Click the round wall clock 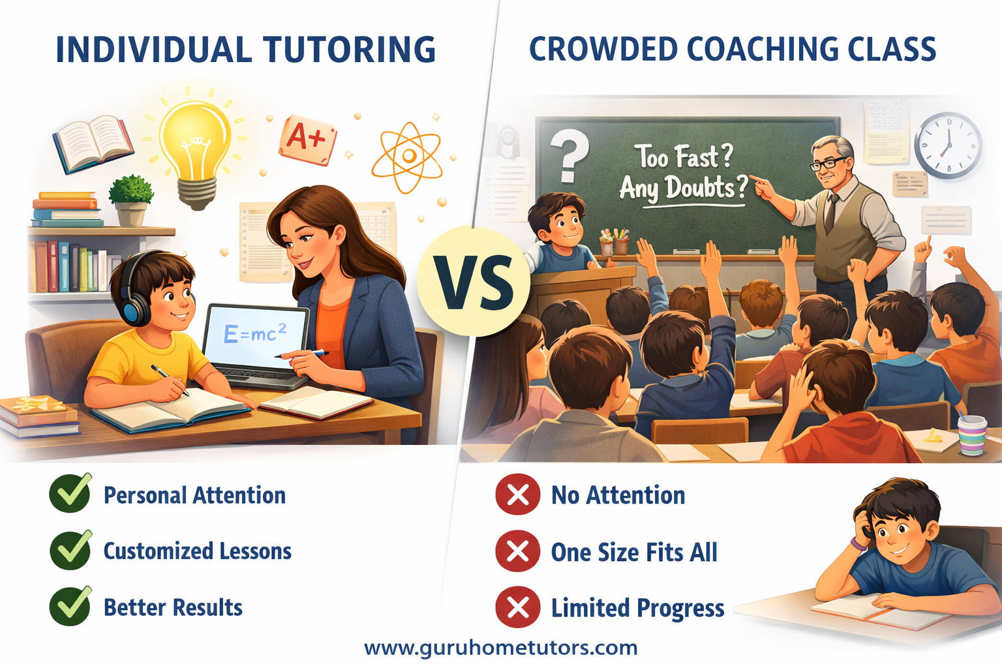click(948, 145)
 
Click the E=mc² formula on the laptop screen click(255, 333)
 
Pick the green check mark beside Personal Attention click(70, 494)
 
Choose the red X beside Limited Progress click(517, 607)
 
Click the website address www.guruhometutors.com click(500, 648)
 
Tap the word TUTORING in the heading click(349, 50)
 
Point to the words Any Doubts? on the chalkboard click(682, 189)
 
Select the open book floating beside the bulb click(93, 143)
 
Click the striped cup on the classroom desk click(972, 434)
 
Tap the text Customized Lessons click(198, 551)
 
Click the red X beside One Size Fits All click(517, 551)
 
